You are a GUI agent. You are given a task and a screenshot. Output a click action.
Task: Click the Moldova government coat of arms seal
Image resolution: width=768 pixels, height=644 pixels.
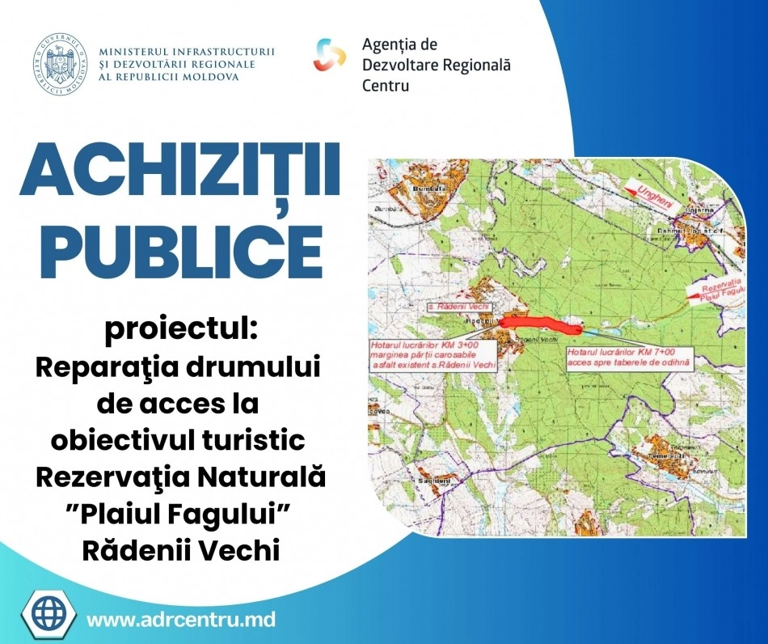coord(61,64)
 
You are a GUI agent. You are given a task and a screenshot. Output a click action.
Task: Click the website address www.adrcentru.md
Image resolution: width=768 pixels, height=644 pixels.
coord(181,621)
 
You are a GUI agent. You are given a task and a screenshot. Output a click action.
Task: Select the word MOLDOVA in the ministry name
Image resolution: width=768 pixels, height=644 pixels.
coord(210,76)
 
